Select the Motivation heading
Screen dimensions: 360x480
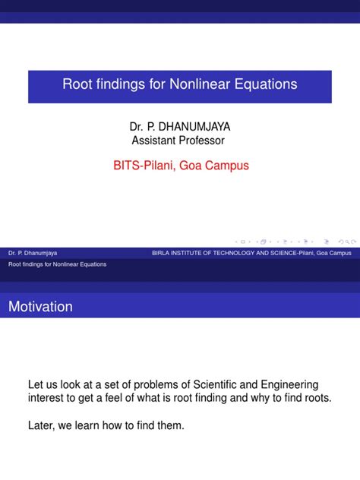tap(41, 307)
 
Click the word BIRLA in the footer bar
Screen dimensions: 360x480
tap(161, 252)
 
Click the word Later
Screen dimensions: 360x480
tap(43, 426)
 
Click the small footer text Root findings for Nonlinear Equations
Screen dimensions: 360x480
tap(57, 264)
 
